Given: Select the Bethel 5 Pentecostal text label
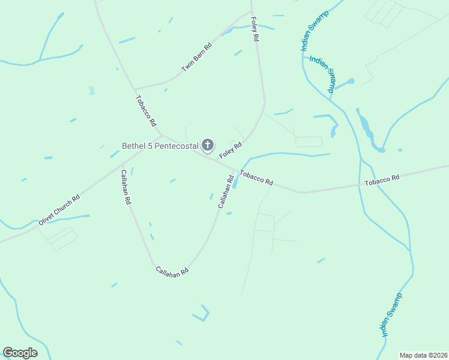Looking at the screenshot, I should [160, 146].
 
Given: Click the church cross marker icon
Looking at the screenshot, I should [208, 145].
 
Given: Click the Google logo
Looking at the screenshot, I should [20, 353].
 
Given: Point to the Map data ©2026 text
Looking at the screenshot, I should [424, 355].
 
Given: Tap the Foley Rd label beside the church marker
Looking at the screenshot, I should [230, 150].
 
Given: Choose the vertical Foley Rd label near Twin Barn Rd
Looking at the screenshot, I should [255, 29].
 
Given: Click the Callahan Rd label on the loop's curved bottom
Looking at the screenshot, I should [172, 271].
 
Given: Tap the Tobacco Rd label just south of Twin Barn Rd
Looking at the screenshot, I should [145, 111].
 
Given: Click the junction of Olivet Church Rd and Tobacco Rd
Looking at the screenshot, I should [161, 136].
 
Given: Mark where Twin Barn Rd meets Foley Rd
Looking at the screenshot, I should [250, 12].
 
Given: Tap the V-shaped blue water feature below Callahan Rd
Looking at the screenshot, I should [201, 313].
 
